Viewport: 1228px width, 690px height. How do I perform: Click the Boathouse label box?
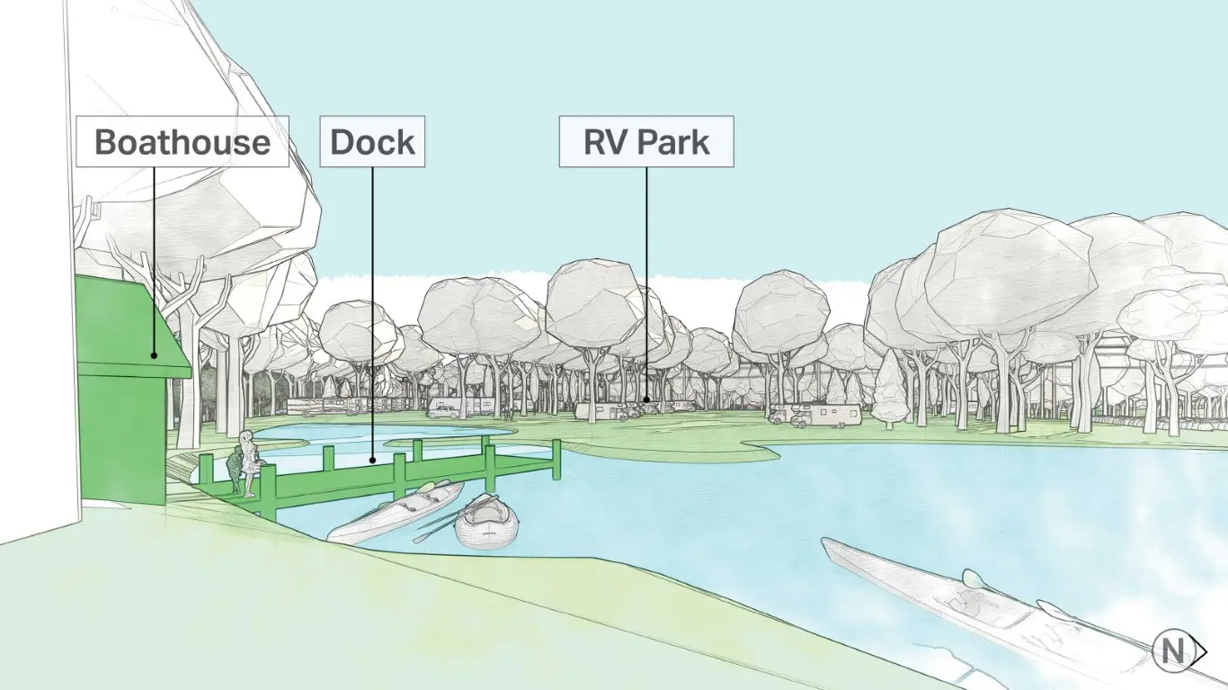[182, 141]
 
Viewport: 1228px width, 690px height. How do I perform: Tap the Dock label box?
[372, 141]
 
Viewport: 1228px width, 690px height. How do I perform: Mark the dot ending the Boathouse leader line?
[154, 355]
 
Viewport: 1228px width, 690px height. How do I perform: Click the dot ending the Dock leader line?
[372, 461]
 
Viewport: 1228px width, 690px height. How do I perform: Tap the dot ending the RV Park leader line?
[646, 399]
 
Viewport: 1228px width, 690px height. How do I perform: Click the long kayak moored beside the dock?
[396, 512]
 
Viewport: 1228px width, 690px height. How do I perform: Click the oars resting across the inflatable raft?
[456, 518]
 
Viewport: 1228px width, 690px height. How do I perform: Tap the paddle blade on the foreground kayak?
[972, 578]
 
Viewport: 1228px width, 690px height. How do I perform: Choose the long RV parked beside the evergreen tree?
[825, 417]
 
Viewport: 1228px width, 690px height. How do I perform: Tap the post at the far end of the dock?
[556, 460]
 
